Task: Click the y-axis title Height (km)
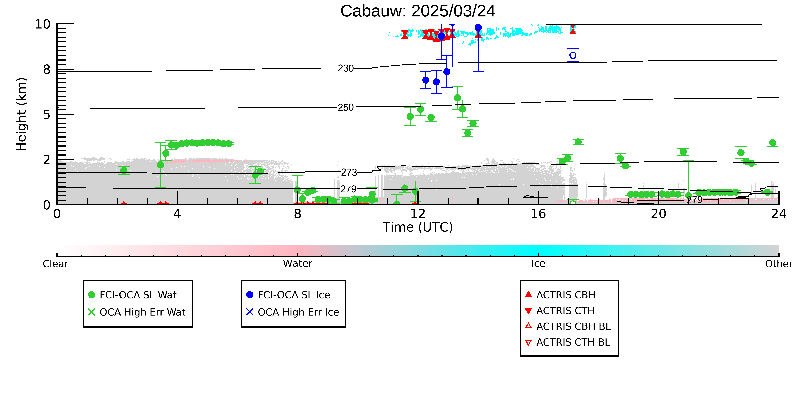pyautogui.click(x=22, y=114)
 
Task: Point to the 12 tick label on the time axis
pyautogui.click(x=418, y=214)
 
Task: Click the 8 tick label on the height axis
pyautogui.click(x=47, y=69)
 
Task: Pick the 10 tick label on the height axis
pyautogui.click(x=43, y=24)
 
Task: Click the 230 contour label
pyautogui.click(x=346, y=68)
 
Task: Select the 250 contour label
pyautogui.click(x=346, y=107)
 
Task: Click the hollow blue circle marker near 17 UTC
pyautogui.click(x=573, y=55)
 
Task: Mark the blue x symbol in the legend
pyautogui.click(x=250, y=312)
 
